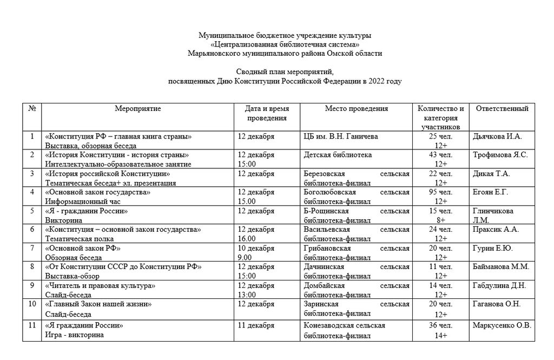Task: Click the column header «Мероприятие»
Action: [x=138, y=109]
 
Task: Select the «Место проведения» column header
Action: [x=356, y=109]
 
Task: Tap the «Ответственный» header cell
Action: [x=502, y=109]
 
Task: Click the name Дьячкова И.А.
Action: [x=497, y=136]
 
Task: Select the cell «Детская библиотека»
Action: [x=338, y=155]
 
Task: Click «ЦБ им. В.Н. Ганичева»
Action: [x=341, y=136]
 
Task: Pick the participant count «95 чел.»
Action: [x=440, y=192]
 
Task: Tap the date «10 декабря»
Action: [x=256, y=248]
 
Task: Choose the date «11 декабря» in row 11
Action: [x=256, y=325]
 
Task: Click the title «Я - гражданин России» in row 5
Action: [x=87, y=211]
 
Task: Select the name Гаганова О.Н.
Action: [x=496, y=304]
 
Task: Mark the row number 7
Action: [x=32, y=248]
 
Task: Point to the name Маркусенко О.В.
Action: [x=502, y=325]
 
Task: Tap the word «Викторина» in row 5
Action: [x=64, y=220]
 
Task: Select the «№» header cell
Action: [x=32, y=109]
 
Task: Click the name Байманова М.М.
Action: [x=501, y=266]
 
